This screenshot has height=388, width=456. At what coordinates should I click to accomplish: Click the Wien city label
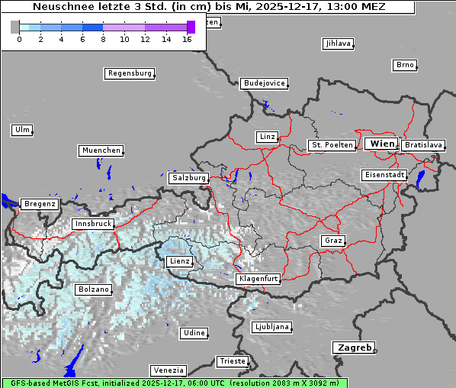[x=382, y=144]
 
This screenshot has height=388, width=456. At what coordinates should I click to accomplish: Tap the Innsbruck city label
[x=92, y=224]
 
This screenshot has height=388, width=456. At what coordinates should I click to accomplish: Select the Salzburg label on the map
[x=189, y=178]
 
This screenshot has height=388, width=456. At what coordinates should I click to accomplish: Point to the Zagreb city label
[x=353, y=348]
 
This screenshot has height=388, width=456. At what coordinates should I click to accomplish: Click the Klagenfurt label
[x=258, y=279]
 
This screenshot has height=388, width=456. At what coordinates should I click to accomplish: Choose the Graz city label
[x=332, y=241]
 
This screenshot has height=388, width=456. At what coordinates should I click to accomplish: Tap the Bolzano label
[x=94, y=289]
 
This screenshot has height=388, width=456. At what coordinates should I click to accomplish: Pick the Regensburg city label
[x=129, y=73]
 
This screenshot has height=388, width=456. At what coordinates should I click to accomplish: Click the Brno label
[x=404, y=65]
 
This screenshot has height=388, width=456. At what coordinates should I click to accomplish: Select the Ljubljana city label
[x=271, y=327]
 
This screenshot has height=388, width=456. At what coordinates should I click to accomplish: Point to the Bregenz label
[x=39, y=204]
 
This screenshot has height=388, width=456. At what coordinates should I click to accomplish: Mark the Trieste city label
[x=232, y=361]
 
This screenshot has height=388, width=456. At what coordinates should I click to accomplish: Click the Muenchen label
[x=101, y=150]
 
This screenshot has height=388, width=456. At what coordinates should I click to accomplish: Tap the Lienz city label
[x=178, y=261]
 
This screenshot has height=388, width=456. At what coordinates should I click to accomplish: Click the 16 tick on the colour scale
[x=187, y=38]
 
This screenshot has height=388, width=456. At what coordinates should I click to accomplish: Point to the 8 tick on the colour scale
[x=103, y=38]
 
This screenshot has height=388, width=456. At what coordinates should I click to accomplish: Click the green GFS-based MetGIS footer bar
[x=174, y=383]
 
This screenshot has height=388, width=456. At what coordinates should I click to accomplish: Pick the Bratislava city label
[x=423, y=144]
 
